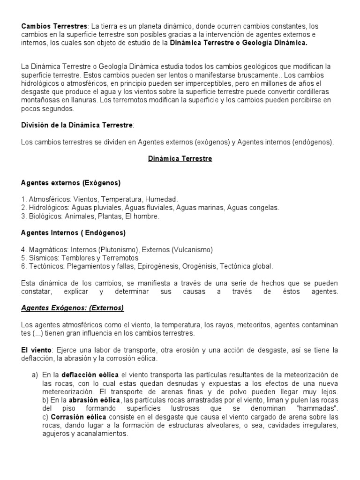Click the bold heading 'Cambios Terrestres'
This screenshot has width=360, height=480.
click(x=54, y=26)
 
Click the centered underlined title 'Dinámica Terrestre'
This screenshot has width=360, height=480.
click(x=180, y=159)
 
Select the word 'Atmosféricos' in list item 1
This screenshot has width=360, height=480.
click(x=48, y=199)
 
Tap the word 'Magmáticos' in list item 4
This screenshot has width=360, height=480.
click(x=46, y=249)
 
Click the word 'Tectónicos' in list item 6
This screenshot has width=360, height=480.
click(x=45, y=266)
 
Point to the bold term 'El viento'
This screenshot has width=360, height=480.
click(x=37, y=350)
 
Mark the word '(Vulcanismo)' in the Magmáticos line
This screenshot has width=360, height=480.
click(x=192, y=249)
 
